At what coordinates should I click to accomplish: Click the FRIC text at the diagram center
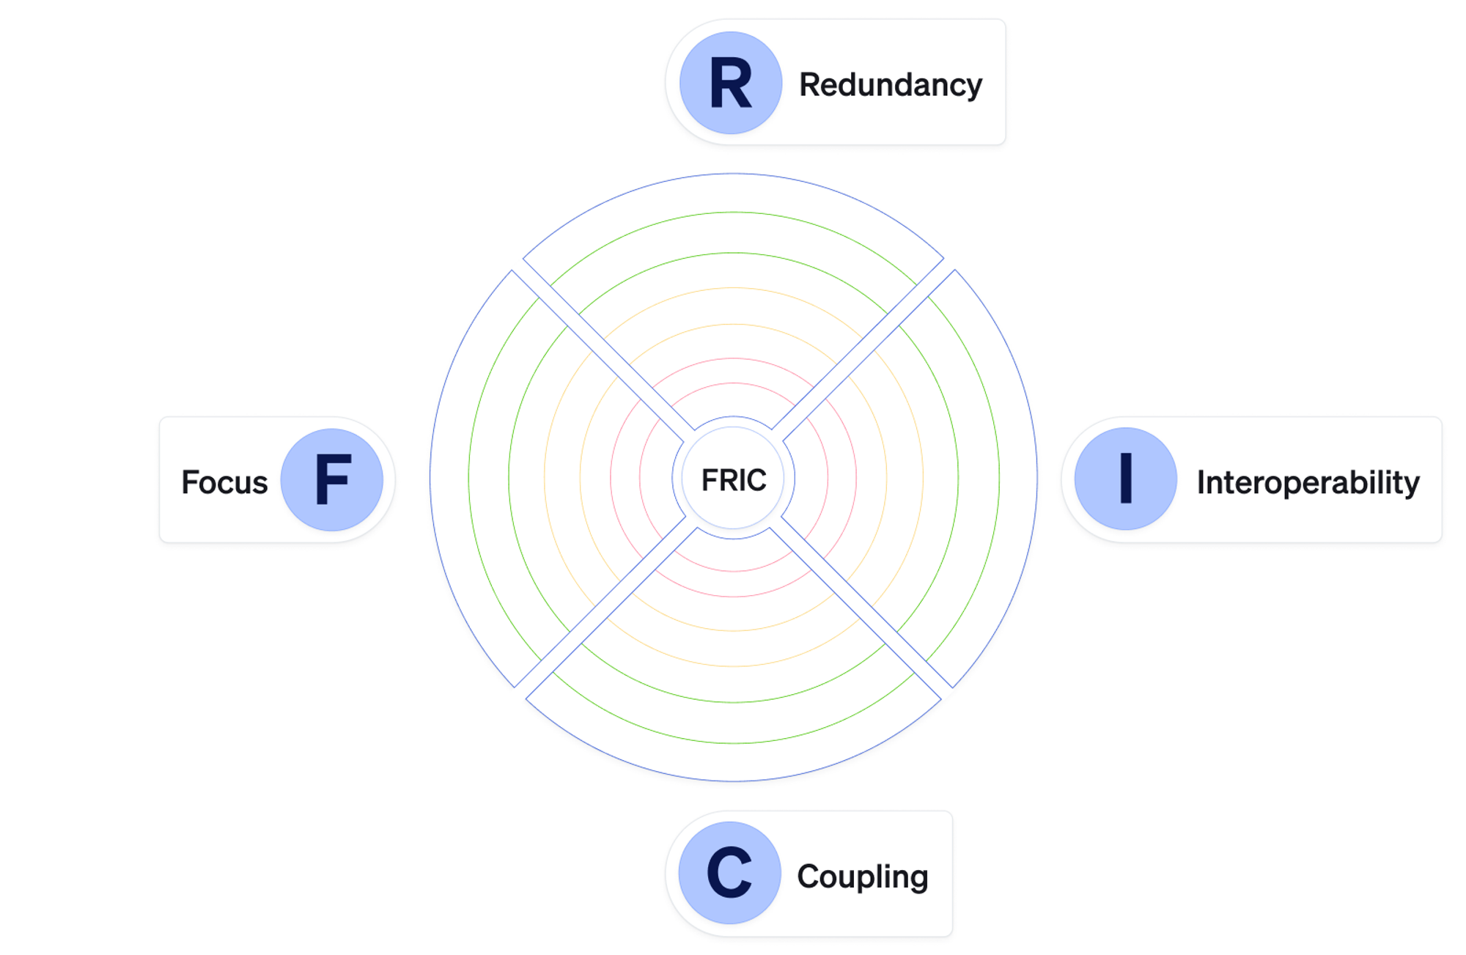coord(734,480)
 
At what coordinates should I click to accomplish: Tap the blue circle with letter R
coord(731,83)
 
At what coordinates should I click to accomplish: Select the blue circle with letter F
coord(332,479)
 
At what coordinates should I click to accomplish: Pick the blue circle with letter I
coord(1126,479)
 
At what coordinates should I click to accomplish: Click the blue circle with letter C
coord(730,872)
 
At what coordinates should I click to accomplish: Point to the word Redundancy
coord(891,85)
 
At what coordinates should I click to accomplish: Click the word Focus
coord(224,482)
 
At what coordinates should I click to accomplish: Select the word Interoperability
coord(1308,482)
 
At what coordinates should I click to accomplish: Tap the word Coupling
coord(863,877)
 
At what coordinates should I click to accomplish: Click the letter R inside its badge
coord(731,84)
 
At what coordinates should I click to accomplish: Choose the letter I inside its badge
coord(1126,478)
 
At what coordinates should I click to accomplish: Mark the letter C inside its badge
coord(729,872)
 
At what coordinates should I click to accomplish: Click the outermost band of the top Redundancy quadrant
coord(733,193)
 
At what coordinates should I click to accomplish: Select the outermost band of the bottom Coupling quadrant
coord(733,762)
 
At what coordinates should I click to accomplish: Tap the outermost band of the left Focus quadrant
coord(449,478)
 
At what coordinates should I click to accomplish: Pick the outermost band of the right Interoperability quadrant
coord(1018,478)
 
